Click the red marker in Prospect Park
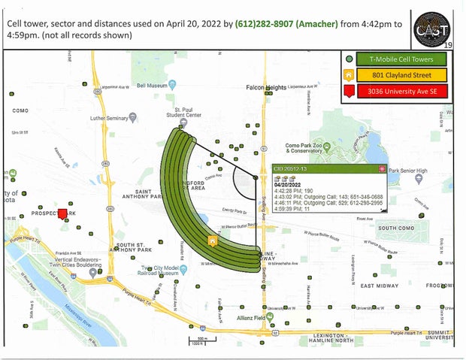click(63, 204)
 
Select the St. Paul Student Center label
click(184, 113)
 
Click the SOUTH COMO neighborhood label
click(397, 228)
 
